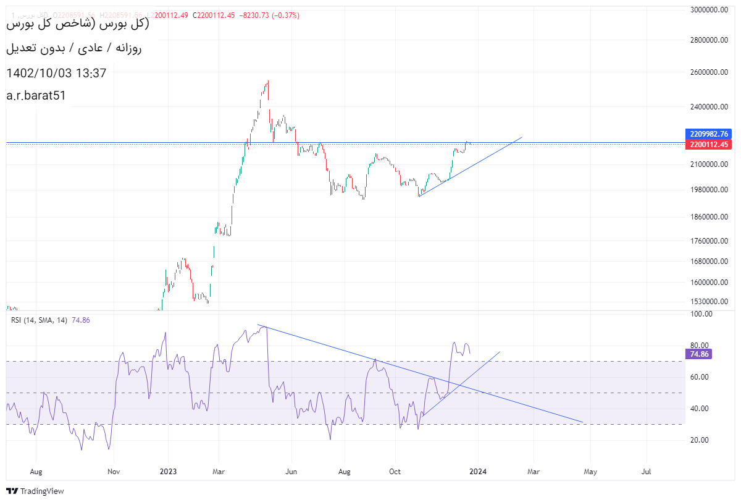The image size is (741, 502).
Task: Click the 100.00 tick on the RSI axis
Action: coord(702,314)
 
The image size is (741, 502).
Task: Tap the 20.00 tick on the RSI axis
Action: coord(700,440)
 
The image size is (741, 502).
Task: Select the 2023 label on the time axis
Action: coord(168,472)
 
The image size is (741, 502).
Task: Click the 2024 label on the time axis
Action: coord(478,472)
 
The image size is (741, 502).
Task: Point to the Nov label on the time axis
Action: coord(113,472)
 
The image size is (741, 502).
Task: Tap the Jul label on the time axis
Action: coord(647,472)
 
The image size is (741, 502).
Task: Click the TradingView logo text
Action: coord(42,491)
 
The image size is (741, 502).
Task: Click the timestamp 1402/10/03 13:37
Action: coord(56,73)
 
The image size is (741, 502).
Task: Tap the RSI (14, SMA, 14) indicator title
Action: coord(37,320)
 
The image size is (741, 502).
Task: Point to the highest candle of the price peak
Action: coord(268,82)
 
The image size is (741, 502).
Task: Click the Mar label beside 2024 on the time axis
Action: coord(533,472)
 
